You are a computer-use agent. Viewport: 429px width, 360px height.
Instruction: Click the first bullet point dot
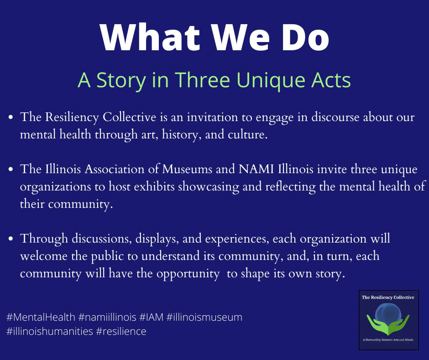pos(11,117)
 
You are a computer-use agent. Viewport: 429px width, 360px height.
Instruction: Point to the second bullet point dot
pos(11,169)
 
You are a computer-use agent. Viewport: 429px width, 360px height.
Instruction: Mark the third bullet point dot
pos(11,238)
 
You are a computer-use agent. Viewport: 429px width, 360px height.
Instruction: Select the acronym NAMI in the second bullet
pos(256,169)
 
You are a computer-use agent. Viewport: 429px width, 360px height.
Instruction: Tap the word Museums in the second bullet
pos(187,169)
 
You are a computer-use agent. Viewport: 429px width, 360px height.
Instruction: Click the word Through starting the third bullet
pos(44,238)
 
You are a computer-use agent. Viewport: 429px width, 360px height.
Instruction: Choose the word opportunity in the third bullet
pos(188,274)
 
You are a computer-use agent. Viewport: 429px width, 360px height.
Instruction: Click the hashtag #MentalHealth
pos(41,317)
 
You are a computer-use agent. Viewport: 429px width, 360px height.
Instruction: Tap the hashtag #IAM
pos(152,317)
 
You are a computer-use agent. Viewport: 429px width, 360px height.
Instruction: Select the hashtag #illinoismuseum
pos(204,317)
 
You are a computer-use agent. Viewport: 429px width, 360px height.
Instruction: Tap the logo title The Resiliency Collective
pos(388,297)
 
